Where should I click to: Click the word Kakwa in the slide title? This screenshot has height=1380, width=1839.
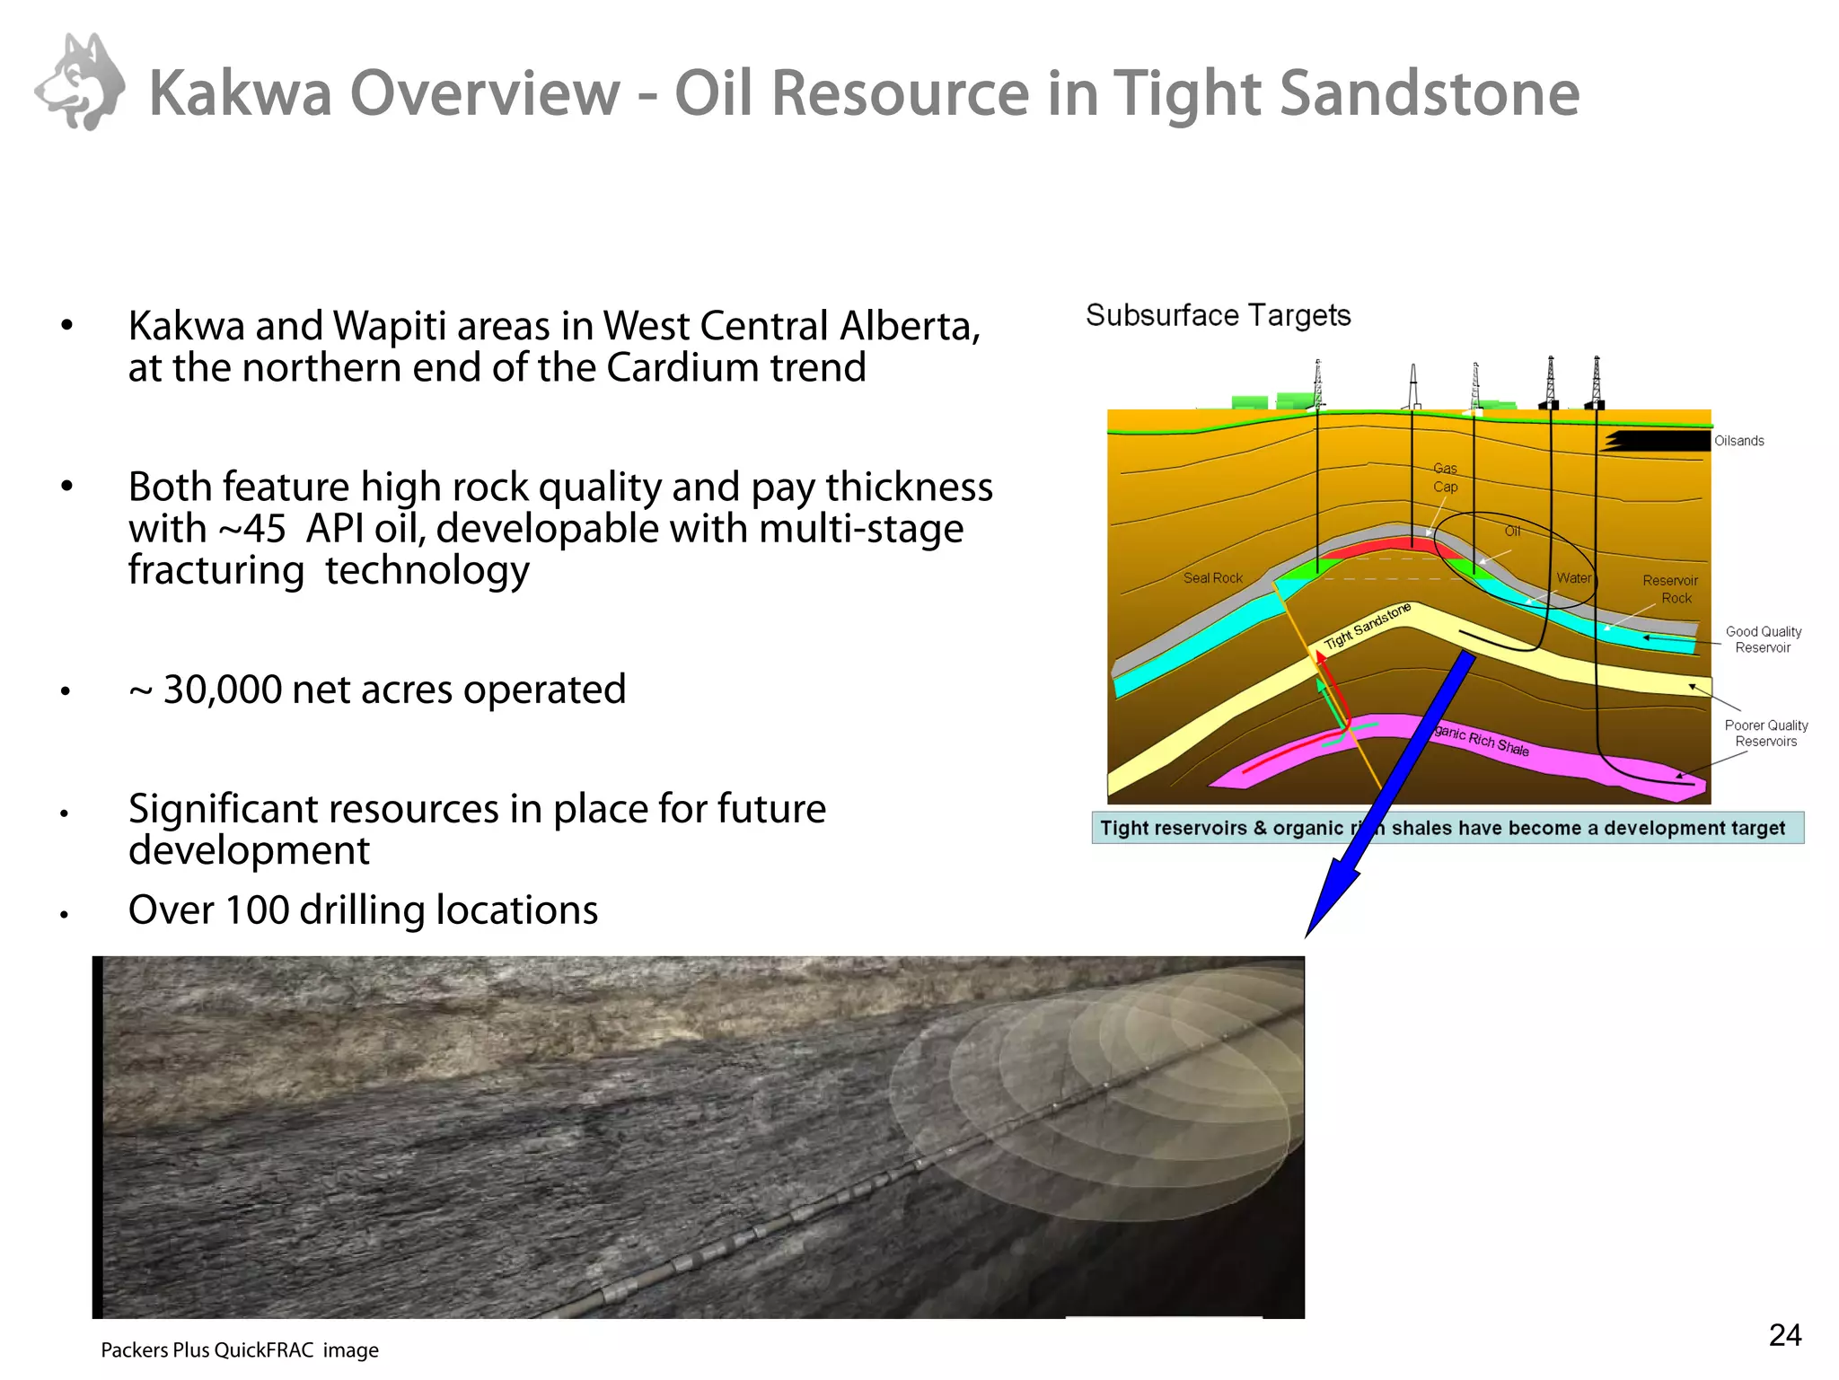pos(240,93)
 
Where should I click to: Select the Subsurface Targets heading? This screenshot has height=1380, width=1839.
pos(1218,316)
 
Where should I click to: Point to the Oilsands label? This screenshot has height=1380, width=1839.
pos(1738,441)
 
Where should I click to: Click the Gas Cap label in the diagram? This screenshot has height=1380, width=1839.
pos(1445,478)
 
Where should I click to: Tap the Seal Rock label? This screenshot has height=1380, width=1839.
pos(1212,578)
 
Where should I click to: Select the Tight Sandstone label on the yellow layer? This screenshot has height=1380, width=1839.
pos(1367,627)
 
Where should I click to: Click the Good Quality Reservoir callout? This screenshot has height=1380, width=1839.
pos(1763,639)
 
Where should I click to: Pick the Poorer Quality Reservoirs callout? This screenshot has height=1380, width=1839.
pos(1765,733)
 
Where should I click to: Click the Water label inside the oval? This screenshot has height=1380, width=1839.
pos(1573,578)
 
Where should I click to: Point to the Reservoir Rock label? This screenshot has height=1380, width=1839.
pos(1670,589)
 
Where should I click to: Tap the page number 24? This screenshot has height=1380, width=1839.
pos(1784,1335)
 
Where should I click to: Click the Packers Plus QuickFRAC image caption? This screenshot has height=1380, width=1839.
pos(240,1349)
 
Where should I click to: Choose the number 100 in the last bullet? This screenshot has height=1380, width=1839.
pos(256,910)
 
